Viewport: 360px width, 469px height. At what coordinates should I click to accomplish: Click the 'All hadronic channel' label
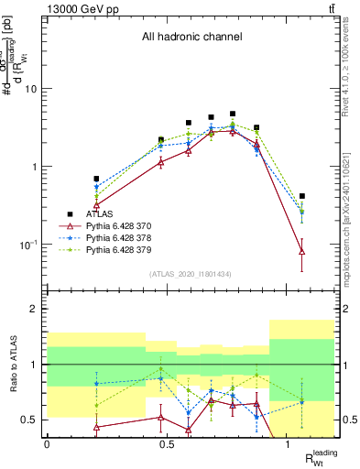click(191, 38)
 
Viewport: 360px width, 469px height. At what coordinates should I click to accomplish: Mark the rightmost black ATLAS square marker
click(302, 196)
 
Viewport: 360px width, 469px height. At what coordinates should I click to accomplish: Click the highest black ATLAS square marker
click(233, 114)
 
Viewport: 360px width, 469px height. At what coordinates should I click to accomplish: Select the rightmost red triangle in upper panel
click(302, 251)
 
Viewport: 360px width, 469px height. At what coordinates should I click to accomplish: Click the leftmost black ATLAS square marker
click(96, 179)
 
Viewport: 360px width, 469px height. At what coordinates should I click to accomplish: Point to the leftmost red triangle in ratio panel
click(96, 427)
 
